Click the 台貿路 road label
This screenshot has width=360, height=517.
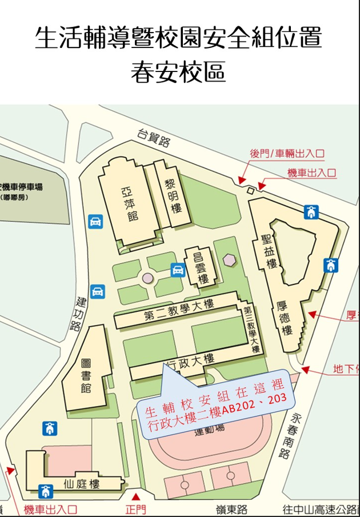pyautogui.click(x=154, y=138)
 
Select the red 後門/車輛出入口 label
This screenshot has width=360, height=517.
pyautogui.click(x=287, y=153)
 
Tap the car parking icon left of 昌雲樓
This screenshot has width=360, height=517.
pyautogui.click(x=178, y=270)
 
